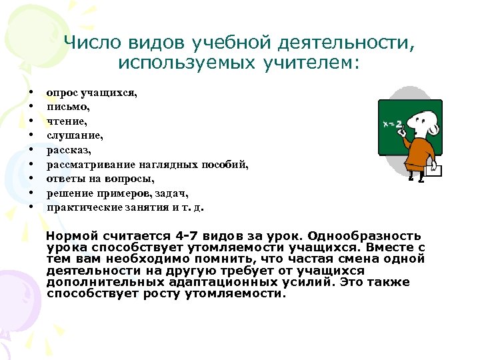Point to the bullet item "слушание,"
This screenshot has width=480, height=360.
pyautogui.click(x=74, y=135)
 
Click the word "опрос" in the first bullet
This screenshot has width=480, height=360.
pyautogui.click(x=61, y=92)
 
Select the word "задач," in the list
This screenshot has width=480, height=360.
pyautogui.click(x=172, y=193)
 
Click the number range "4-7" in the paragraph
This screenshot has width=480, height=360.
pyautogui.click(x=188, y=237)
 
